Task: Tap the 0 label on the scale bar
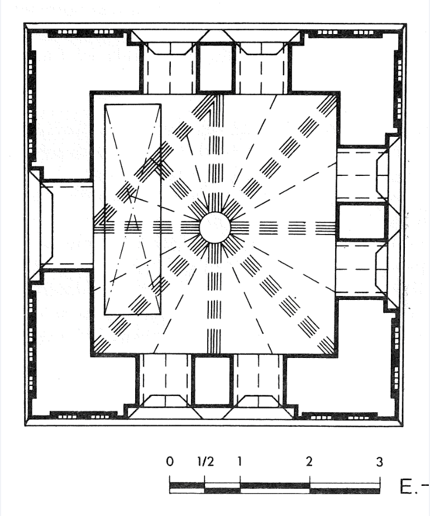pyautogui.click(x=169, y=461)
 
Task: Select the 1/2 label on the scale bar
pyautogui.click(x=206, y=461)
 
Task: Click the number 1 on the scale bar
pyautogui.click(x=240, y=461)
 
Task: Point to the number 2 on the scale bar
pyautogui.click(x=309, y=461)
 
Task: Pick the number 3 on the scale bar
pyautogui.click(x=380, y=462)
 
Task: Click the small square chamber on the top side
pyautogui.click(x=216, y=68)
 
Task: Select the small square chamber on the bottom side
pyautogui.click(x=212, y=381)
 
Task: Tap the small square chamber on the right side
pyautogui.click(x=362, y=222)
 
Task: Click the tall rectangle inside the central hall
pyautogui.click(x=132, y=209)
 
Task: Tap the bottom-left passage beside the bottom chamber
pyautogui.click(x=165, y=381)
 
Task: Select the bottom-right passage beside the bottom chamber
pyautogui.click(x=259, y=381)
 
